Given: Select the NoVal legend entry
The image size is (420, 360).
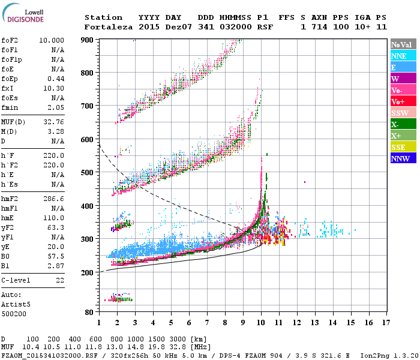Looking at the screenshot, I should (x=403, y=44).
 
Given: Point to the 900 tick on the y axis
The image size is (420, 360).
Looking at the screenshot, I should (x=88, y=40).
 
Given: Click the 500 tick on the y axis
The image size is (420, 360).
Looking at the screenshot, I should (x=88, y=173).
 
